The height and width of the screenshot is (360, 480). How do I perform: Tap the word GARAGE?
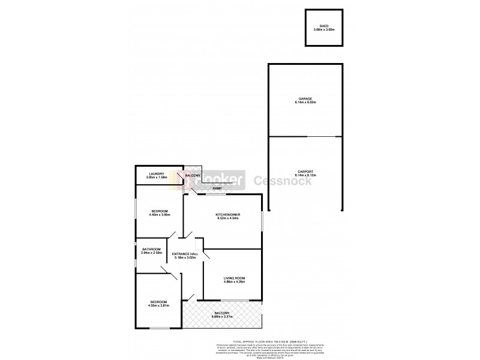305,99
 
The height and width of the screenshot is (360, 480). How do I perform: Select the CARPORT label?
305,171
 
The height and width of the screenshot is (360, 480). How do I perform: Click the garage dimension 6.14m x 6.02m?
305,103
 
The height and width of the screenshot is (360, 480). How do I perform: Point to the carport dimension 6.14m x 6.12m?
305,175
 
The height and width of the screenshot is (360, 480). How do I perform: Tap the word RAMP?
217,188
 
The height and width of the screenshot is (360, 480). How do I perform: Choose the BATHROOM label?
151,250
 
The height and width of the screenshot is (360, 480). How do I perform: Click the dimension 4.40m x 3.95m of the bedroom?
160,214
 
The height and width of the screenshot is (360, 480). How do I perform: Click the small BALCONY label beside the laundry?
193,175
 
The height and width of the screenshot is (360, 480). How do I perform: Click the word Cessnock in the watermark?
284,181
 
